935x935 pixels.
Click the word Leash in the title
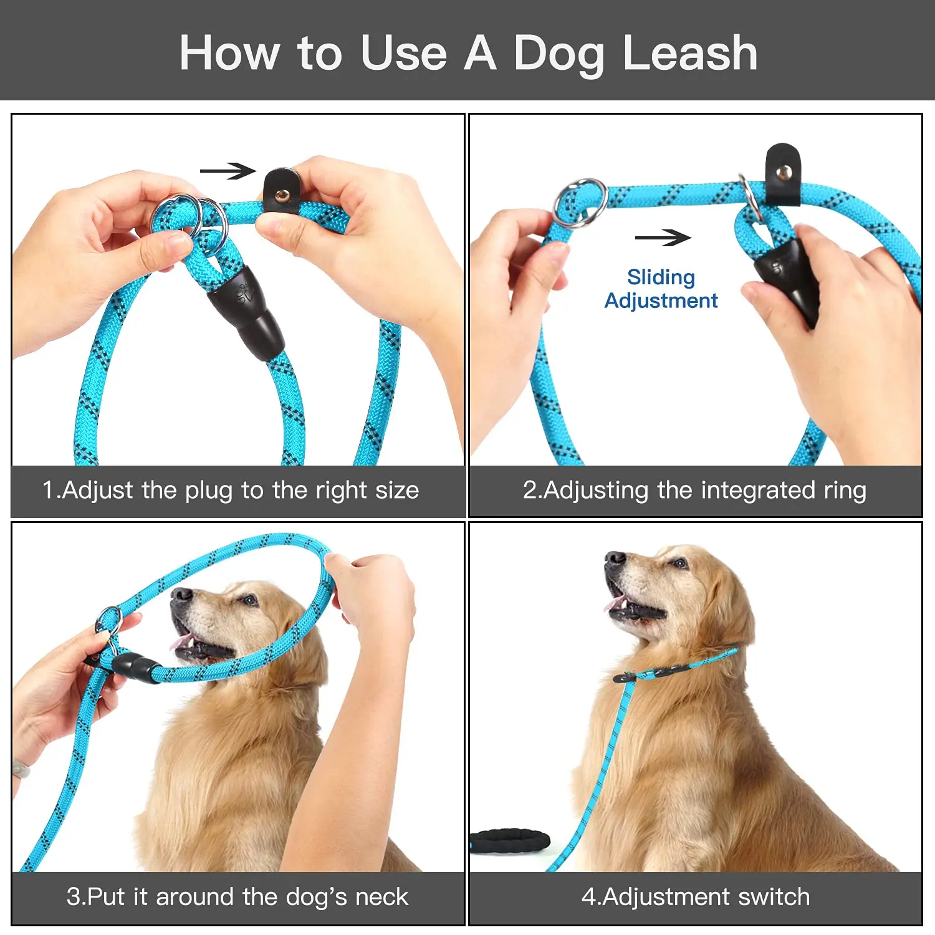click(x=690, y=53)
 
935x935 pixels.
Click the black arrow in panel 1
click(x=228, y=170)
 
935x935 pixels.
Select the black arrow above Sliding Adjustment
click(x=663, y=237)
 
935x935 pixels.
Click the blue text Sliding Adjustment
click(x=661, y=289)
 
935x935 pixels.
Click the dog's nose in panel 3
click(x=181, y=595)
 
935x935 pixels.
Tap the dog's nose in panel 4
click(x=614, y=558)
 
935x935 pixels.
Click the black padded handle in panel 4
click(x=509, y=840)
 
